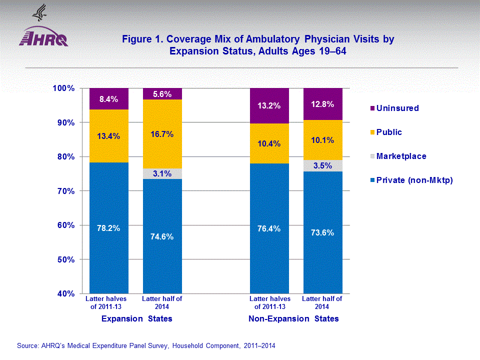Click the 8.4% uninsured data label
tap(108, 99)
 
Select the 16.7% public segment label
tap(162, 134)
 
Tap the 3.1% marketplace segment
tap(162, 174)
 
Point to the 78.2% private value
tap(108, 228)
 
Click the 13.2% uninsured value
tap(269, 106)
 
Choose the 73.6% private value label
tap(322, 232)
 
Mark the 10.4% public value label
tap(269, 144)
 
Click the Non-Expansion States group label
tap(293, 318)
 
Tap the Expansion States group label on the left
tap(136, 318)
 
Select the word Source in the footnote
tap(28, 345)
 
